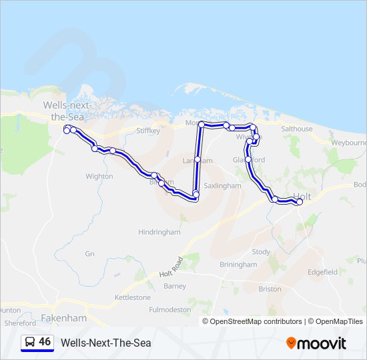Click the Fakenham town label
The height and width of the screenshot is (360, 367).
[x=64, y=318]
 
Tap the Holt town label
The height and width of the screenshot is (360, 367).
[x=302, y=197]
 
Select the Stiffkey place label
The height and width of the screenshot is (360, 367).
[x=148, y=131]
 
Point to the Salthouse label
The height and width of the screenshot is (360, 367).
[x=296, y=129]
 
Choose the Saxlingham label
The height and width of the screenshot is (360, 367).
[x=222, y=186]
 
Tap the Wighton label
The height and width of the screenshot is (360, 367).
[x=99, y=177]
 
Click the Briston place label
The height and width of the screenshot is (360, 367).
[x=270, y=289]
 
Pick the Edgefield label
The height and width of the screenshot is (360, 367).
[x=323, y=272]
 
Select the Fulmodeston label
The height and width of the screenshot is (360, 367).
[x=169, y=310]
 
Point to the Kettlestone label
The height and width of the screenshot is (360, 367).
[x=133, y=297]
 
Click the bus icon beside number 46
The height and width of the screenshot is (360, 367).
[x=30, y=342]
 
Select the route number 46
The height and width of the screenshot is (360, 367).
[x=45, y=342]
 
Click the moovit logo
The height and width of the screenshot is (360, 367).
[x=316, y=343]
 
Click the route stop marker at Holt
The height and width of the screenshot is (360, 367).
[x=299, y=202]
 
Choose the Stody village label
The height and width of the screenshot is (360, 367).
[x=261, y=252]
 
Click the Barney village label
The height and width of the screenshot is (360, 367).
[x=175, y=287]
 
